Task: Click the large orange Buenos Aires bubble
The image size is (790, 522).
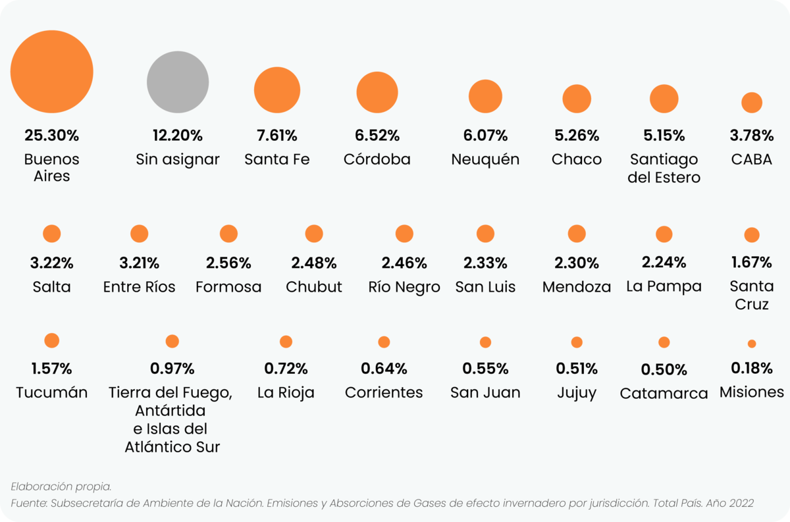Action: (52, 71)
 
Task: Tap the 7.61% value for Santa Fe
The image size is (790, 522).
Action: (276, 136)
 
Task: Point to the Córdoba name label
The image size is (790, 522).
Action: (377, 159)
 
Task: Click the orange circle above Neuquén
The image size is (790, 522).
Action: (486, 96)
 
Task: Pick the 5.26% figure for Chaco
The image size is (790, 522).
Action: (577, 136)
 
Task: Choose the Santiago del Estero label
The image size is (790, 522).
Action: (664, 169)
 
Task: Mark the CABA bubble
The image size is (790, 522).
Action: (752, 103)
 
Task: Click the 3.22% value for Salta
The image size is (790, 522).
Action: (51, 263)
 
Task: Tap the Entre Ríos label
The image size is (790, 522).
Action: (140, 287)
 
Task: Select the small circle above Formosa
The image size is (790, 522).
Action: (228, 234)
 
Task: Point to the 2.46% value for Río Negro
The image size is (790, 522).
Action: (404, 263)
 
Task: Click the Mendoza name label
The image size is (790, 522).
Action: (577, 287)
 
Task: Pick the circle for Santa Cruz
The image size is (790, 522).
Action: (752, 235)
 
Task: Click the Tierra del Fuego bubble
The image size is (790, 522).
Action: (172, 341)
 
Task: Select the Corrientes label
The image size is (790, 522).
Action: (384, 393)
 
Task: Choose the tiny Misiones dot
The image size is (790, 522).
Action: (752, 344)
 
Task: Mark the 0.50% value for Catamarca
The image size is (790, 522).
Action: (664, 369)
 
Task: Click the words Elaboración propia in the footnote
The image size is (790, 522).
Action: (61, 486)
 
